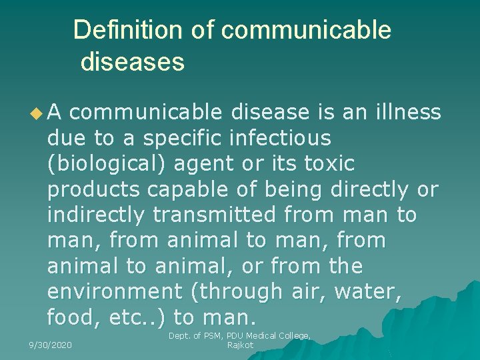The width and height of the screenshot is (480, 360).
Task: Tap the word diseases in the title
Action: (132, 62)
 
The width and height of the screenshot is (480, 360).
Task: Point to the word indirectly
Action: (95, 215)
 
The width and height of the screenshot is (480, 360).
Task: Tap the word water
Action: (372, 291)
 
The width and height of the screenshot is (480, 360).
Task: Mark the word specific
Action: (183, 139)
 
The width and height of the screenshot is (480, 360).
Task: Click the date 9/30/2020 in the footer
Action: (50, 345)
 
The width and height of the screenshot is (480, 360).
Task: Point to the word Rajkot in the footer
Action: (240, 345)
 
